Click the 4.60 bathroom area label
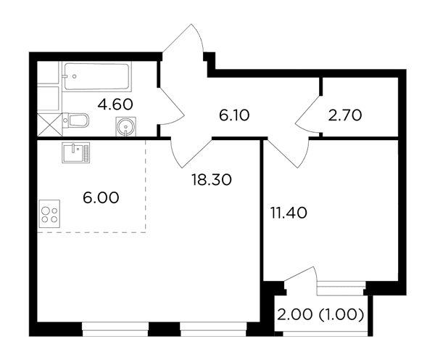click(x=115, y=105)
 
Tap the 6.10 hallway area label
click(x=234, y=115)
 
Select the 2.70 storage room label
click(x=345, y=115)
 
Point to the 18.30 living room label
click(x=212, y=179)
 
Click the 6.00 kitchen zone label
click(x=101, y=197)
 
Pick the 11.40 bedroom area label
click(x=289, y=213)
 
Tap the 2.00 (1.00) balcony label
click(x=320, y=315)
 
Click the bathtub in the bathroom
click(x=97, y=77)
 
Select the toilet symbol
click(x=75, y=121)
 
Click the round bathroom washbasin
click(x=125, y=127)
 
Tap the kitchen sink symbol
click(x=76, y=152)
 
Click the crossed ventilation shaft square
click(x=50, y=125)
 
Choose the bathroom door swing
click(x=172, y=105)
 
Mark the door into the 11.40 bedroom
click(x=289, y=152)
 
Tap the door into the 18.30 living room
click(x=191, y=152)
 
